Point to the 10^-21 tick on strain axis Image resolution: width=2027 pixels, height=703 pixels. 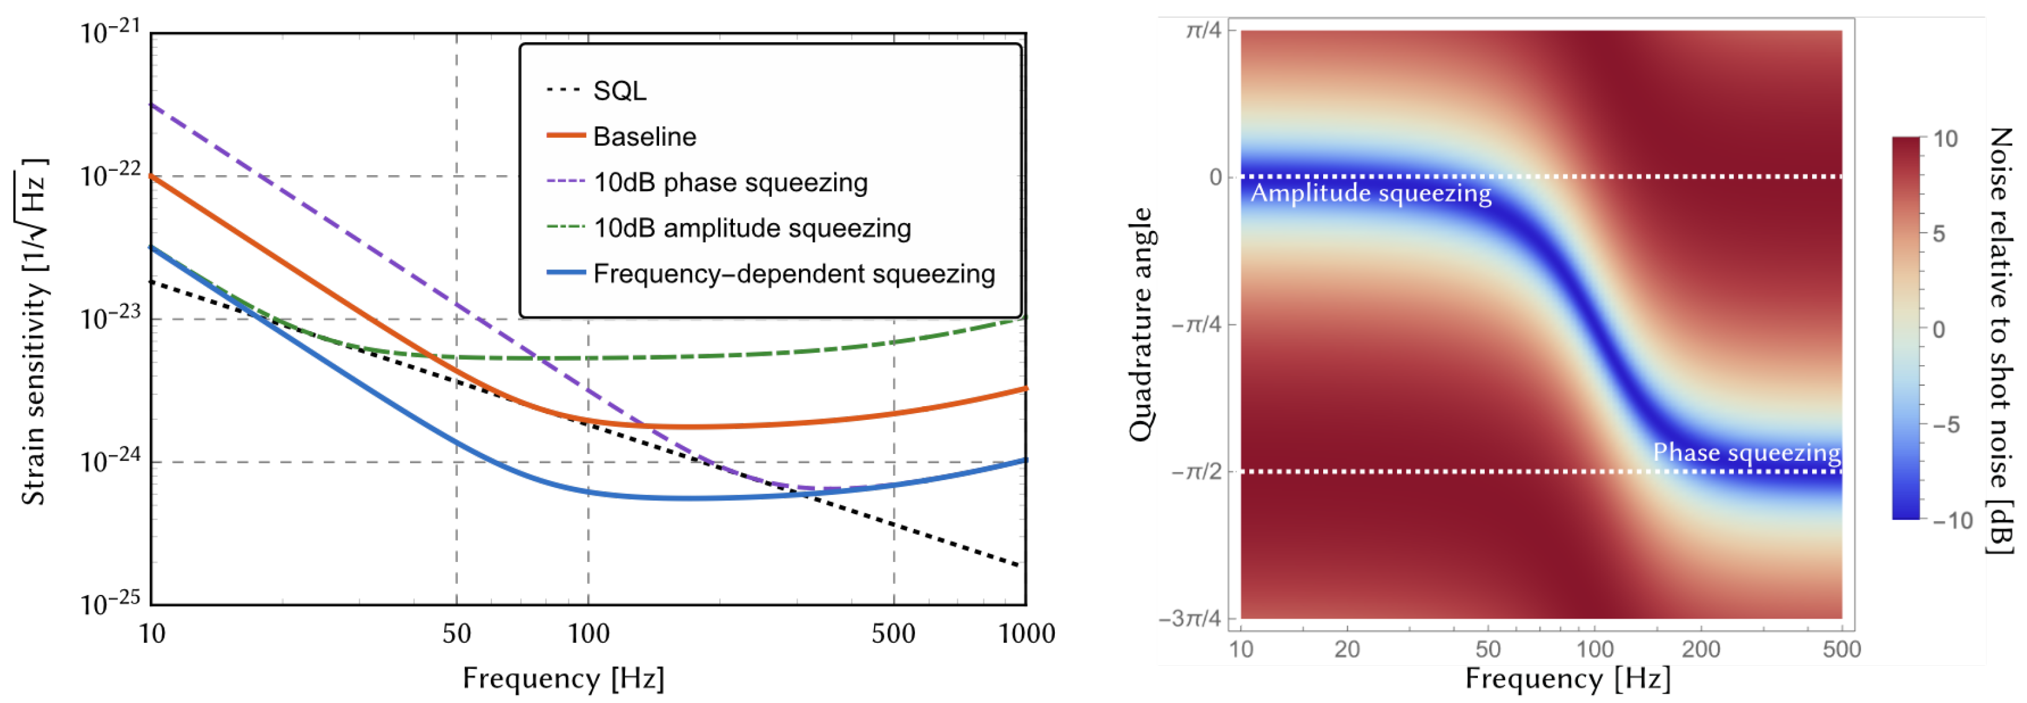tap(110, 33)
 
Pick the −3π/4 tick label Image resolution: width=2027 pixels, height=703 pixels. tap(1190, 618)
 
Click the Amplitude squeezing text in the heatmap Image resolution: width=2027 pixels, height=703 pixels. tap(1371, 193)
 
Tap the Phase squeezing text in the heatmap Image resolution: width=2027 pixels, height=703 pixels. tap(1746, 453)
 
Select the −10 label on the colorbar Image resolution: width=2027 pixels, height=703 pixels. tap(1953, 520)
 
